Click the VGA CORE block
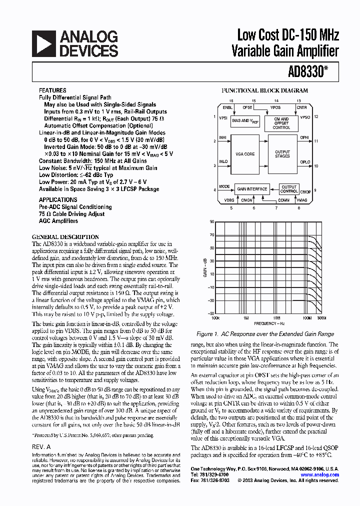[244, 154]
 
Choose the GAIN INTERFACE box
[252, 189]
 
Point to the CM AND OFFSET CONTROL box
[281, 122]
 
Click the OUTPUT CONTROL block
[288, 189]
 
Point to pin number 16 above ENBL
[231, 100]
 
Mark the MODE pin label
[224, 186]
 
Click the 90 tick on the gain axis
[212, 221]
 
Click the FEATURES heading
[52, 91]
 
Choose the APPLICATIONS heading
[58, 199]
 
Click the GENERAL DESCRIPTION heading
[65, 237]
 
